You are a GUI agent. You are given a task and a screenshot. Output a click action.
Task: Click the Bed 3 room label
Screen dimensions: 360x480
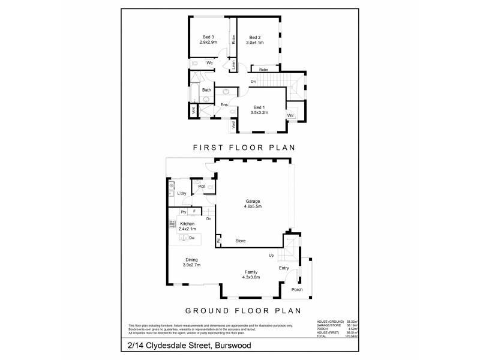(208, 37)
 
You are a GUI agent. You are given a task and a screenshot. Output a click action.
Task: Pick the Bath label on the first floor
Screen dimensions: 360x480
(206, 90)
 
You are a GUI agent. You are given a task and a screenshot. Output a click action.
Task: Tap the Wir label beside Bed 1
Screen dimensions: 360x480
(290, 115)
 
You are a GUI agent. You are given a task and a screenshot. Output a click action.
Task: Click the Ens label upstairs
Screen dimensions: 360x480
(224, 105)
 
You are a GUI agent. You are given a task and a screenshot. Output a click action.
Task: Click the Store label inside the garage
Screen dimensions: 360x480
(240, 241)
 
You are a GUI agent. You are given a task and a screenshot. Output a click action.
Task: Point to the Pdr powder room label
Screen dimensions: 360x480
(202, 187)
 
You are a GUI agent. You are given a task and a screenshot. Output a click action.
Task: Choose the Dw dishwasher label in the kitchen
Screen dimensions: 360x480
(192, 238)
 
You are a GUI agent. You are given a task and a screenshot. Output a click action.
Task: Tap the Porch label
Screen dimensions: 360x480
(297, 290)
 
